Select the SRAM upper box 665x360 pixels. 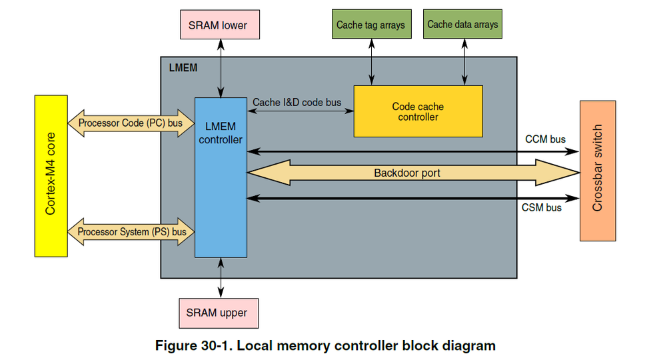click(219, 313)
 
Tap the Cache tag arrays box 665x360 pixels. click(370, 25)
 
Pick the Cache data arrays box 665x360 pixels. click(462, 25)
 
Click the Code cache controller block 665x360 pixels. click(418, 111)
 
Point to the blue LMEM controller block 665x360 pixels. click(221, 177)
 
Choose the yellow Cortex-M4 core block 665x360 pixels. click(51, 176)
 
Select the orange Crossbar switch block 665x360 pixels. click(597, 171)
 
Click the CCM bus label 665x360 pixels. click(546, 139)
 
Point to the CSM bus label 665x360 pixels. click(541, 208)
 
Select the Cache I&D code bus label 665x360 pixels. click(297, 103)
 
